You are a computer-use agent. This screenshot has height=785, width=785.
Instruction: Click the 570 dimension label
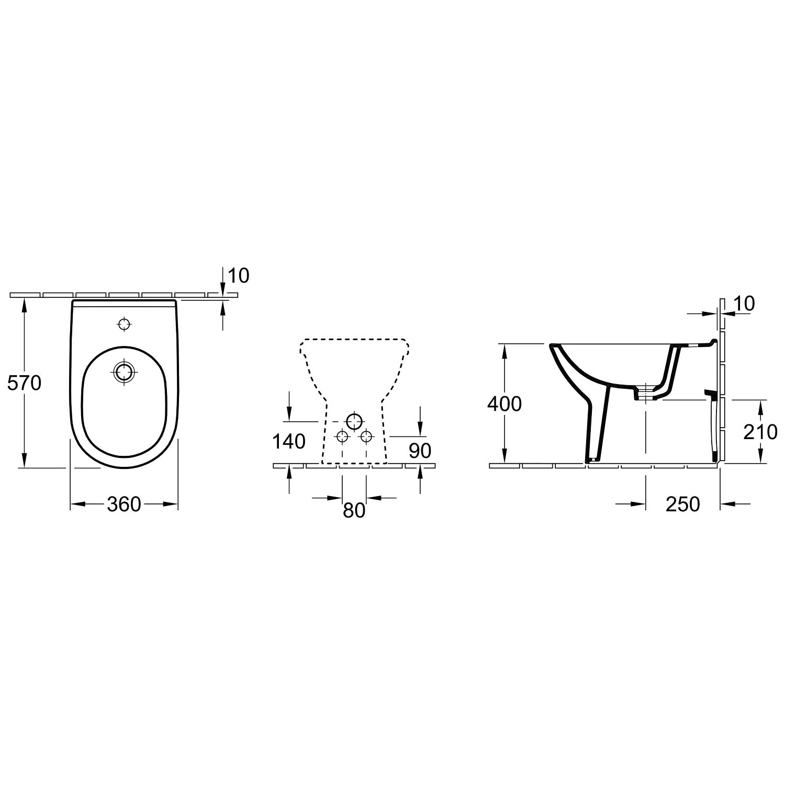point(24,384)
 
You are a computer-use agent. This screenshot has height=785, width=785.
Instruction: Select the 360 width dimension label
point(124,504)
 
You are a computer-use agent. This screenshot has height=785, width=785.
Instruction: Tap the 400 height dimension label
point(504,404)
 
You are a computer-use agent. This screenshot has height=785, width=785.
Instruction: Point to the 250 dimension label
point(682,504)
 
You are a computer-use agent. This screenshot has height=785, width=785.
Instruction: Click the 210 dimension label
point(760,432)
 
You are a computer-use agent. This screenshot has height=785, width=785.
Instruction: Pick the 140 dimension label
point(289,442)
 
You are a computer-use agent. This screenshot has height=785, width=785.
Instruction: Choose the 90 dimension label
point(420,451)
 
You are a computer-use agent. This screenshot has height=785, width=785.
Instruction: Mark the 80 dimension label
point(354,510)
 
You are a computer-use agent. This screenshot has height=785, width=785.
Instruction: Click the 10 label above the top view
point(239,275)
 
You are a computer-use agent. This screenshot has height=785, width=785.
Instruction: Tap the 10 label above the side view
point(745,304)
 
